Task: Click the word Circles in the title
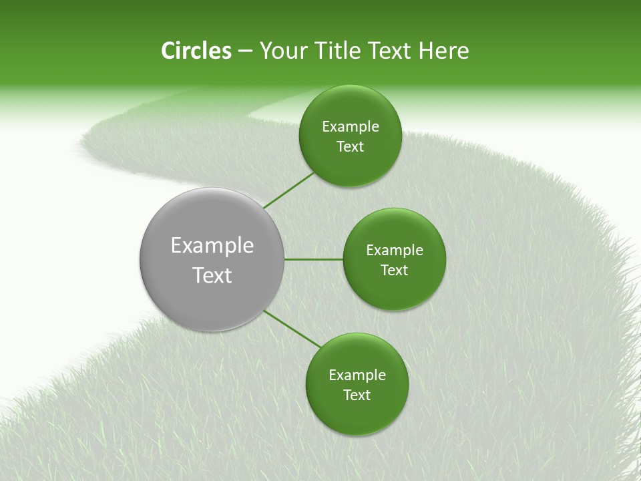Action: pyautogui.click(x=196, y=51)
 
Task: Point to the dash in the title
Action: pyautogui.click(x=245, y=51)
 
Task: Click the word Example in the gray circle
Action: pyautogui.click(x=212, y=246)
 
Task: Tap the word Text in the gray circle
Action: pyautogui.click(x=212, y=275)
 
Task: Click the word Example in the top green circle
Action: pyautogui.click(x=351, y=127)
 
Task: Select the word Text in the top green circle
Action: pyautogui.click(x=350, y=147)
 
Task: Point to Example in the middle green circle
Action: pyautogui.click(x=395, y=251)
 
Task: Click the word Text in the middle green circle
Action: pyautogui.click(x=394, y=271)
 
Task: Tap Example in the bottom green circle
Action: pyautogui.click(x=357, y=375)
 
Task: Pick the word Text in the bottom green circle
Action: pyautogui.click(x=357, y=395)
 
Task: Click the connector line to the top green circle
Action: pyautogui.click(x=288, y=190)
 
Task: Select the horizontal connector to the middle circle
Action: pyautogui.click(x=313, y=259)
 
